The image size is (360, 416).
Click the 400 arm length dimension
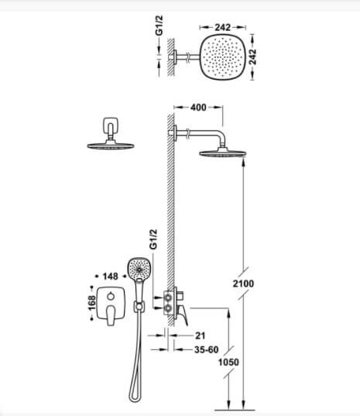(x=198, y=108)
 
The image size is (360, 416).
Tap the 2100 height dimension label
(x=243, y=284)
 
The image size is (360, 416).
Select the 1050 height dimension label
(x=228, y=362)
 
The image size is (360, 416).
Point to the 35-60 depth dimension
(x=207, y=349)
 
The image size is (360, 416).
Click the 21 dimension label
(x=201, y=335)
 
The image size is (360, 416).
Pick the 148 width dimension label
(x=110, y=277)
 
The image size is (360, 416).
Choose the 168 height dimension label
(x=91, y=303)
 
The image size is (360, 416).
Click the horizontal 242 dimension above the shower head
(x=223, y=27)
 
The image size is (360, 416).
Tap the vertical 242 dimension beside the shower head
(x=252, y=57)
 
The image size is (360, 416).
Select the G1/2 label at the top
(x=159, y=26)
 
